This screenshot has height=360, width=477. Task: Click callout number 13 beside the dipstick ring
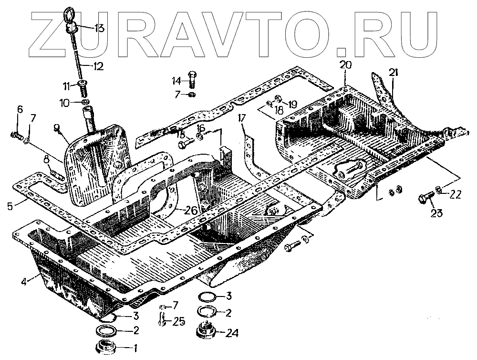click(x=99, y=28)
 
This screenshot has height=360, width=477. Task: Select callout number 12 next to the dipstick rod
click(x=97, y=66)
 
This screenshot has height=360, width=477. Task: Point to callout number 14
click(x=176, y=81)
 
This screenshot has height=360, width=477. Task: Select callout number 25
click(x=178, y=321)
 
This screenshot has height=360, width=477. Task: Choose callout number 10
click(x=64, y=102)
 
